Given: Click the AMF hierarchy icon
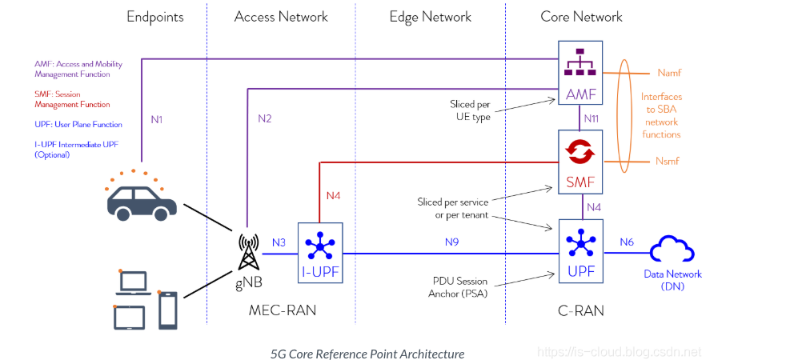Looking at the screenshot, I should [579, 62].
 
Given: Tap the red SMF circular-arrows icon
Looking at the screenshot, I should [580, 150].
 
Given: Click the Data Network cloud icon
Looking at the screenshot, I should [672, 250].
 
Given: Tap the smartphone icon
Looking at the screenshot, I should [168, 310].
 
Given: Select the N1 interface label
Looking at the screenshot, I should [157, 119].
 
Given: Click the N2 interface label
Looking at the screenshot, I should [265, 119].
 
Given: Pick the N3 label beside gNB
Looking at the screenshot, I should [279, 242].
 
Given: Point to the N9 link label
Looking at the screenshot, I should [451, 242].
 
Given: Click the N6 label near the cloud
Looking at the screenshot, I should [627, 242].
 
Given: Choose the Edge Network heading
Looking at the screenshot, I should [430, 17].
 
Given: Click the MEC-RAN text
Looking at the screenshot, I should [283, 310].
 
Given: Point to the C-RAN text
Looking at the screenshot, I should [581, 310].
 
